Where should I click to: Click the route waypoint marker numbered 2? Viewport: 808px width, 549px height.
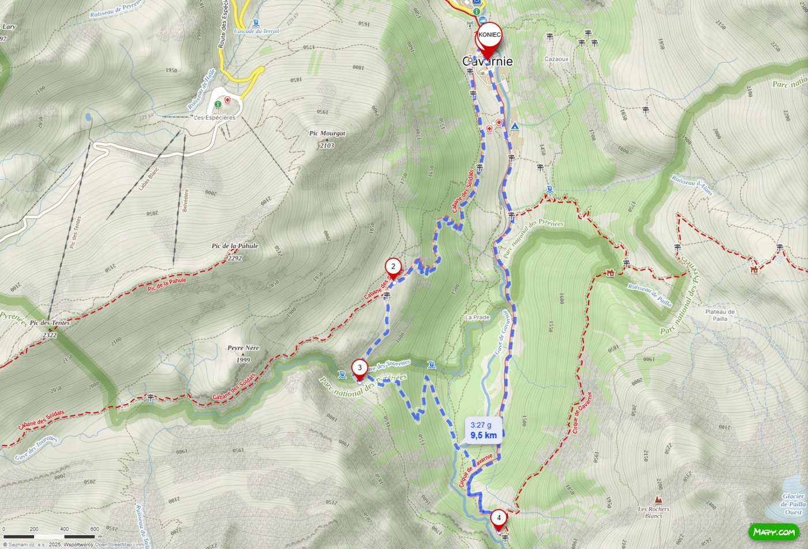pyautogui.click(x=393, y=267)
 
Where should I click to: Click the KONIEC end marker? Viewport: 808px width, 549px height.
pyautogui.click(x=489, y=36)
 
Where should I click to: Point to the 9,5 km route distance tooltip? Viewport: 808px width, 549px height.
pyautogui.click(x=483, y=431)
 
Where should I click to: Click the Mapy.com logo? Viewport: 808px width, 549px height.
pyautogui.click(x=774, y=532)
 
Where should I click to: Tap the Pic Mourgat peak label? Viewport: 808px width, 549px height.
pyautogui.click(x=327, y=133)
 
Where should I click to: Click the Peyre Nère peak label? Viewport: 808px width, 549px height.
pyautogui.click(x=243, y=352)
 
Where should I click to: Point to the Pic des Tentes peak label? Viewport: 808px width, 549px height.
pyautogui.click(x=50, y=327)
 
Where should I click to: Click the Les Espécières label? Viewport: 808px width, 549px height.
pyautogui.click(x=215, y=118)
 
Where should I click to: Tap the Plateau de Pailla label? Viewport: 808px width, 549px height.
pyautogui.click(x=720, y=315)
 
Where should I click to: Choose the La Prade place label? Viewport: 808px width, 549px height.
pyautogui.click(x=477, y=318)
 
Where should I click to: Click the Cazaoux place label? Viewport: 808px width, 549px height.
pyautogui.click(x=556, y=59)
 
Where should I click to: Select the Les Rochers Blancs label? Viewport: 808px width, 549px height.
pyautogui.click(x=654, y=512)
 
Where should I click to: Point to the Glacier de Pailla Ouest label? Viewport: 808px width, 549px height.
pyautogui.click(x=793, y=504)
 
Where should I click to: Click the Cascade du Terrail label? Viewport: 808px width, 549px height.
pyautogui.click(x=256, y=31)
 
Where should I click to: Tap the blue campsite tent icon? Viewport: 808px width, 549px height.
pyautogui.click(x=514, y=125)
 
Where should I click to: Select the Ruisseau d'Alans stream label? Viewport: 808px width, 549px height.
pyautogui.click(x=692, y=186)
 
